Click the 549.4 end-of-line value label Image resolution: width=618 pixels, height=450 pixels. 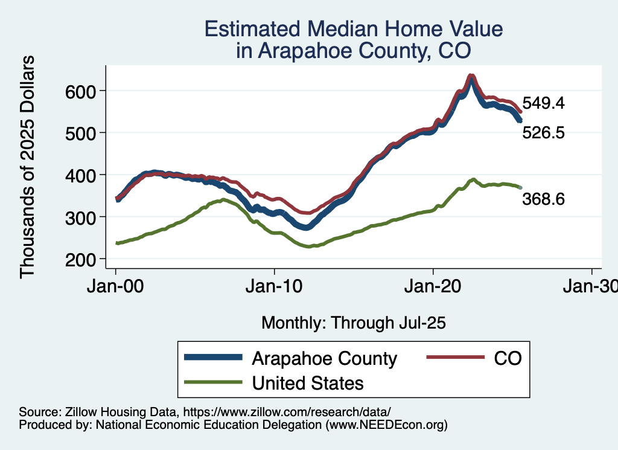pyautogui.click(x=543, y=103)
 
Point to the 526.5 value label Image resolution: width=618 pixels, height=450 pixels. pyautogui.click(x=543, y=133)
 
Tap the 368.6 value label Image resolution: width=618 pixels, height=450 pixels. pyautogui.click(x=543, y=199)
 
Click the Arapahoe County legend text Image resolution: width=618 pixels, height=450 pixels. pyautogui.click(x=325, y=358)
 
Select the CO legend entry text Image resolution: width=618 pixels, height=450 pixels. pyautogui.click(x=508, y=358)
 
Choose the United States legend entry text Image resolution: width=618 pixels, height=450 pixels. pyautogui.click(x=308, y=382)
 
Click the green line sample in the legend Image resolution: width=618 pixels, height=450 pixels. pyautogui.click(x=212, y=382)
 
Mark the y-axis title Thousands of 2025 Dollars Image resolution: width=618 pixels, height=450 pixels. pyautogui.click(x=28, y=167)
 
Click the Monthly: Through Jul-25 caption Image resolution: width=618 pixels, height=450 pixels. pyautogui.click(x=353, y=323)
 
